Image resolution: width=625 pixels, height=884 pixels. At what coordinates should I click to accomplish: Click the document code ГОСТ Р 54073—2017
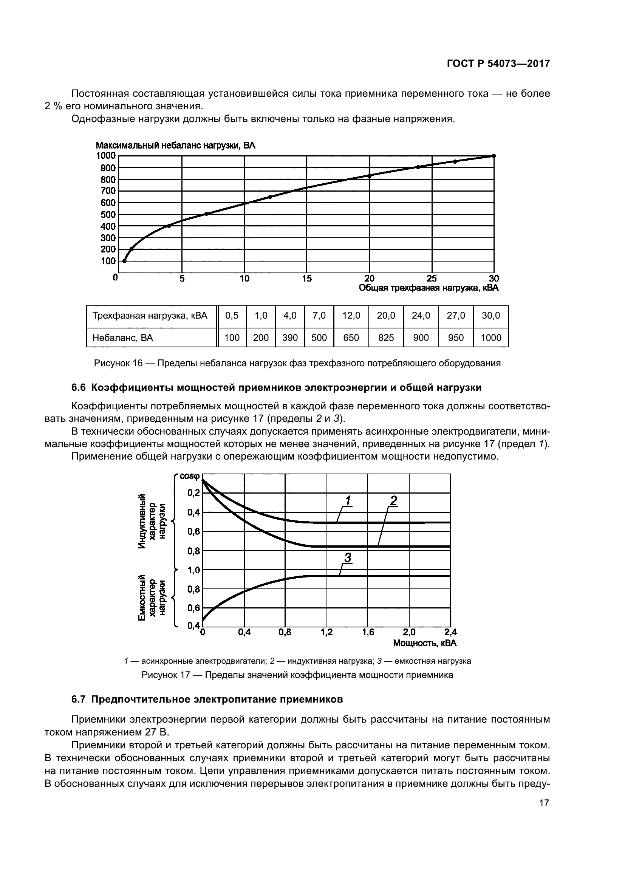click(x=498, y=63)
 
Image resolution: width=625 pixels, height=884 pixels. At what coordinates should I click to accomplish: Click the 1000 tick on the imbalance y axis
click(x=105, y=156)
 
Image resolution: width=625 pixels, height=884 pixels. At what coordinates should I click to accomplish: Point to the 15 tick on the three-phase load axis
click(x=307, y=279)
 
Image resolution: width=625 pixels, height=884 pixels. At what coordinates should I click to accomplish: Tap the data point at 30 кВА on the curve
click(x=494, y=156)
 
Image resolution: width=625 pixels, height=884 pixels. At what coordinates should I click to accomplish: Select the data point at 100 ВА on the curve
click(x=124, y=261)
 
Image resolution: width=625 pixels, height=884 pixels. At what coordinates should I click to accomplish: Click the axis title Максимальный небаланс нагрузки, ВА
click(x=175, y=146)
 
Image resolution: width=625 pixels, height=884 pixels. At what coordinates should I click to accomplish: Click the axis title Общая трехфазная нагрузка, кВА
click(x=429, y=288)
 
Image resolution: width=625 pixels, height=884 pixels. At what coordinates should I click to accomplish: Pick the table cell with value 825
click(x=386, y=337)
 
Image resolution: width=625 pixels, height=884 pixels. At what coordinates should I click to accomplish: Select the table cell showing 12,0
click(x=351, y=316)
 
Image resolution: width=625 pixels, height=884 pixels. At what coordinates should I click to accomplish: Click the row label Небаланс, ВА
click(x=122, y=337)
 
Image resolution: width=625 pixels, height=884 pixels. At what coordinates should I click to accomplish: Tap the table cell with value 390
click(x=290, y=337)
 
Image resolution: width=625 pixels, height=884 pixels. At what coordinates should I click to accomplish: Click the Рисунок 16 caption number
click(x=118, y=363)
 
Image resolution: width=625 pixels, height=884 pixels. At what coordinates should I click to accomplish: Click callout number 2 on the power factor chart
click(x=393, y=500)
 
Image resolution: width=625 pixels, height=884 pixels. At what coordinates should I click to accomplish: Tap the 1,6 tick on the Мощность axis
click(x=368, y=632)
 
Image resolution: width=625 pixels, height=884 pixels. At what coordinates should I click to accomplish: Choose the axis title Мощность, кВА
click(x=424, y=643)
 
